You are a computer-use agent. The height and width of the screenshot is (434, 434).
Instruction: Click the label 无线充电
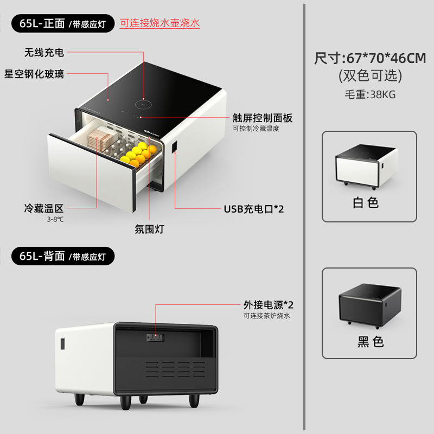(44, 52)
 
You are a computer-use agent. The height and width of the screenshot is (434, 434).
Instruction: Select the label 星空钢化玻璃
(34, 74)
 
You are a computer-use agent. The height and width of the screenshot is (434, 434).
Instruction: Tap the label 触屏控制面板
(263, 118)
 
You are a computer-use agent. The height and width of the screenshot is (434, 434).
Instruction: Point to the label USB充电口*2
(254, 209)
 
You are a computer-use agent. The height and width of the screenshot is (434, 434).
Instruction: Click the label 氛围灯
(150, 229)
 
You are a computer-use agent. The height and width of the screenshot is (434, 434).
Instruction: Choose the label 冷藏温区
(44, 208)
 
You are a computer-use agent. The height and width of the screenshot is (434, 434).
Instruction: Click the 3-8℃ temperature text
(55, 220)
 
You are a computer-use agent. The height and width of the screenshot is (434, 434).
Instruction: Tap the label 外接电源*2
(268, 305)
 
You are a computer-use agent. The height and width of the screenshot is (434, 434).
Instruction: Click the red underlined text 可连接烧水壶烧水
(159, 23)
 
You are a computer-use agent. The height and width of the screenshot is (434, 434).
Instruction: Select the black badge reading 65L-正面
(63, 23)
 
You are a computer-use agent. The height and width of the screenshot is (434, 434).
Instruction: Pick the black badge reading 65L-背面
(63, 256)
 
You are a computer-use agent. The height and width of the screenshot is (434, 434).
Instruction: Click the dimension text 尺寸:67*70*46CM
(370, 58)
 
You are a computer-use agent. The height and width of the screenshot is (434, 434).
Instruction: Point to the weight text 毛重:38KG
(370, 94)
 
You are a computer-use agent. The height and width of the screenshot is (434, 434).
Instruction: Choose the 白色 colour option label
(365, 203)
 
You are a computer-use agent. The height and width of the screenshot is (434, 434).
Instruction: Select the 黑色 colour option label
(371, 342)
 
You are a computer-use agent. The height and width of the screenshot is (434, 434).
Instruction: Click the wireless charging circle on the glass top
(143, 105)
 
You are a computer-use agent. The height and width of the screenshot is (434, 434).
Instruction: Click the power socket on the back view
(155, 337)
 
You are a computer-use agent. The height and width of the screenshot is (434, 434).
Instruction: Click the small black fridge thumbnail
(370, 306)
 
